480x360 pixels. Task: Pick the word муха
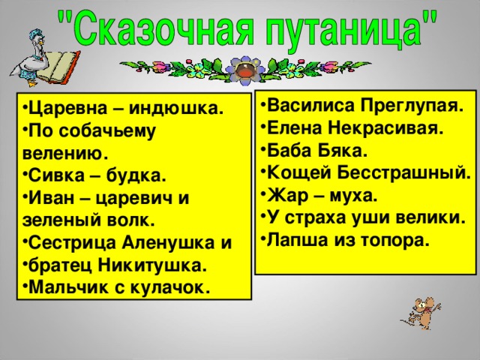352,196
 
